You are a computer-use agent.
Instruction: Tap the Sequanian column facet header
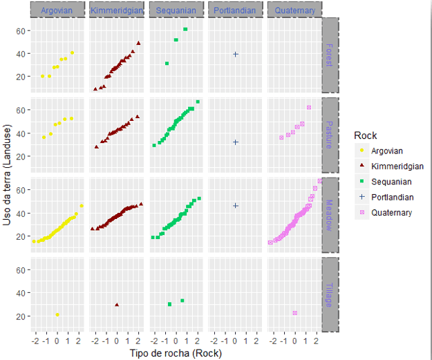[x=176, y=10]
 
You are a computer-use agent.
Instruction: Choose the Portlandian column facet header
[x=235, y=10]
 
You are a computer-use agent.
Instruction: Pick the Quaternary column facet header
[x=294, y=10]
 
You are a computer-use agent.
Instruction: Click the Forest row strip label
[x=330, y=54]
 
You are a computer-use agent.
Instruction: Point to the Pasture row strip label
[x=330, y=134]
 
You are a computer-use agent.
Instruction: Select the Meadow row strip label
[x=330, y=214]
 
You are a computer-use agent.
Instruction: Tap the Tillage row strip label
[x=330, y=294]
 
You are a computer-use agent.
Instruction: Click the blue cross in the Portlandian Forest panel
[x=236, y=54]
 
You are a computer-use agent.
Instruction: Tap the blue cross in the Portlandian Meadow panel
[x=236, y=205]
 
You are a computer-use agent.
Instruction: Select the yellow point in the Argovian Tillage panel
[x=57, y=315]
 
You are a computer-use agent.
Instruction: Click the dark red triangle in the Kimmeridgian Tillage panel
[x=117, y=305]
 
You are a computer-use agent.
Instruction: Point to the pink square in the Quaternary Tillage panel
[x=295, y=313]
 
